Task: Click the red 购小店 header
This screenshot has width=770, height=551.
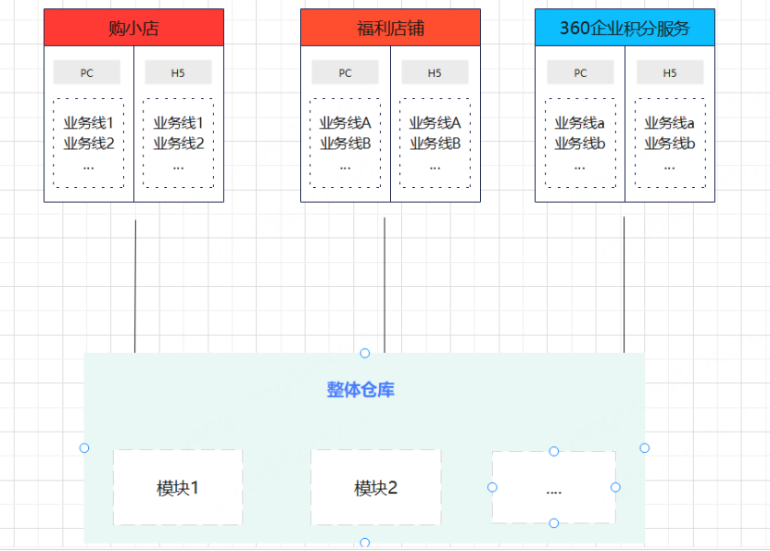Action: tap(133, 28)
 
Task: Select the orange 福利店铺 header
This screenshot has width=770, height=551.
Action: tap(390, 28)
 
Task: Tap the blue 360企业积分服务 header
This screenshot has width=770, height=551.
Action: tap(625, 28)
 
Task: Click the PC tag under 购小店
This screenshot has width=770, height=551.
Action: tap(87, 72)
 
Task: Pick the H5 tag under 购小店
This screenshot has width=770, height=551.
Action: tap(178, 72)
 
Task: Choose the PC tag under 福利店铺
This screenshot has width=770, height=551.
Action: tap(345, 72)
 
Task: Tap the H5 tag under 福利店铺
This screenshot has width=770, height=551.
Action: tap(435, 72)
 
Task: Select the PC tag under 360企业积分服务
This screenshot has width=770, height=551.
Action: tap(580, 72)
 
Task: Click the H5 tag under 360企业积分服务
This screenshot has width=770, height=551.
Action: tap(669, 72)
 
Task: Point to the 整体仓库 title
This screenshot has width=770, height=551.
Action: tap(360, 390)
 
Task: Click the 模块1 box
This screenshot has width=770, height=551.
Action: tap(178, 488)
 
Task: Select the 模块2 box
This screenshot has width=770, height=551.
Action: tap(375, 488)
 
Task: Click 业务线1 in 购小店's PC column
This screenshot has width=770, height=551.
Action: tap(88, 122)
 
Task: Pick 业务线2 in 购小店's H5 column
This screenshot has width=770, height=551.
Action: tap(178, 143)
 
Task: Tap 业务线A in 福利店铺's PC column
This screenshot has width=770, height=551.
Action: tap(345, 122)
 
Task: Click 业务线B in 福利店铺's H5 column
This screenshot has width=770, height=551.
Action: tap(435, 143)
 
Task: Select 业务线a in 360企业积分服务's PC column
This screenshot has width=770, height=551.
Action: tap(580, 122)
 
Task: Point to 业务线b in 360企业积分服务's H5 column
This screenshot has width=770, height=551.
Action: tap(669, 143)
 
